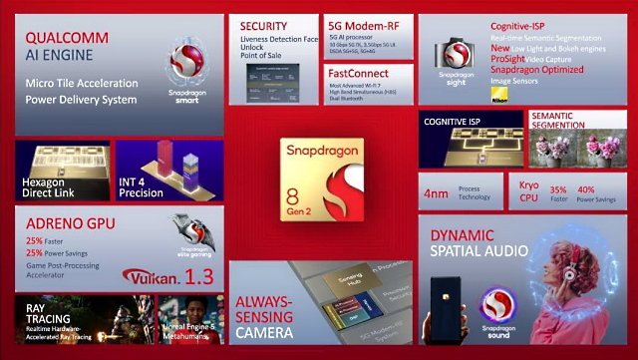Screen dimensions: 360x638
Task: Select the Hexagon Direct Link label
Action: click(51, 188)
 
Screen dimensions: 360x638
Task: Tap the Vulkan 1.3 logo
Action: click(163, 276)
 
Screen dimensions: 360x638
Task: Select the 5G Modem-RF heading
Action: click(365, 26)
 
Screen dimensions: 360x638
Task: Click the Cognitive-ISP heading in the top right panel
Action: click(522, 26)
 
